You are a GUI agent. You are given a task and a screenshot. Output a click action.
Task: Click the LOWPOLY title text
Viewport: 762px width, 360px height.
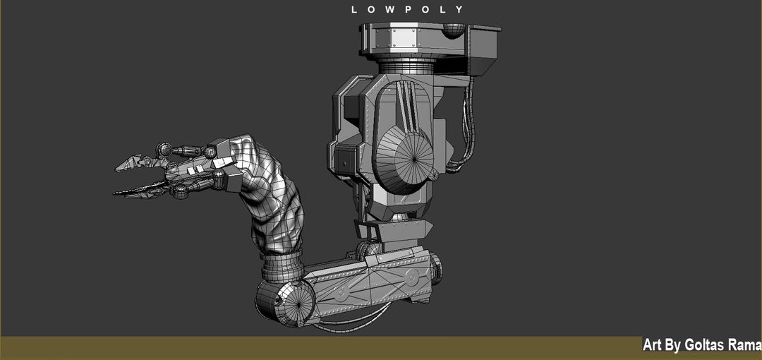point(408,10)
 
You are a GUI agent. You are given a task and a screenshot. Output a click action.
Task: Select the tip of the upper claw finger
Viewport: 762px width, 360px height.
point(119,168)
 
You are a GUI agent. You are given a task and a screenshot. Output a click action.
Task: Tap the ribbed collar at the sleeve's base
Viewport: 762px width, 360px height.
point(282,267)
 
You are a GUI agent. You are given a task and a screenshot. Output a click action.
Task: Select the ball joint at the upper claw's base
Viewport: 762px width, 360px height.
point(164,150)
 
